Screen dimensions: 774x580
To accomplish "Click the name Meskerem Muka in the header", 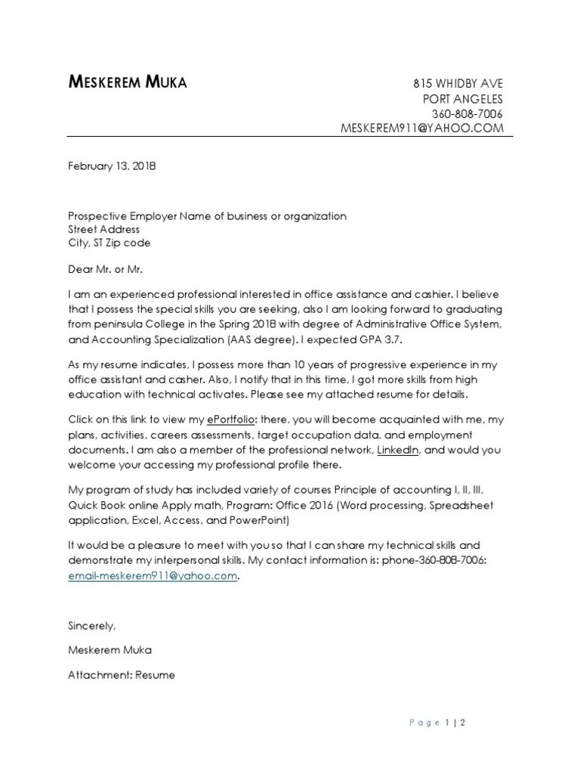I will pyautogui.click(x=128, y=83).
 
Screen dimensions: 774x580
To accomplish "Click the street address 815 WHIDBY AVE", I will pyautogui.click(x=457, y=84).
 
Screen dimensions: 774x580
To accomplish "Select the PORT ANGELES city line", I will pyautogui.click(x=461, y=99).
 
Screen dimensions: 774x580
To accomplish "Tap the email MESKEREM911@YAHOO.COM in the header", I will pyautogui.click(x=422, y=128).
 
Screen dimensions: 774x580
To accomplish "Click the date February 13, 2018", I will pyautogui.click(x=112, y=165).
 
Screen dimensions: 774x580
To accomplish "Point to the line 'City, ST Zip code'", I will pyautogui.click(x=110, y=243).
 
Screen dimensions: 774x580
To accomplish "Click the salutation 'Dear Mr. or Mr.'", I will pyautogui.click(x=105, y=268).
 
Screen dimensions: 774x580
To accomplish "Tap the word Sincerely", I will pyautogui.click(x=92, y=626).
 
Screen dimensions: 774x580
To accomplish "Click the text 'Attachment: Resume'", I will pyautogui.click(x=122, y=674).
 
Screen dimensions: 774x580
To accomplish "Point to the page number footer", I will pyautogui.click(x=437, y=723).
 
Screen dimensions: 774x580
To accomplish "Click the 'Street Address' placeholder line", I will pyautogui.click(x=103, y=230).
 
